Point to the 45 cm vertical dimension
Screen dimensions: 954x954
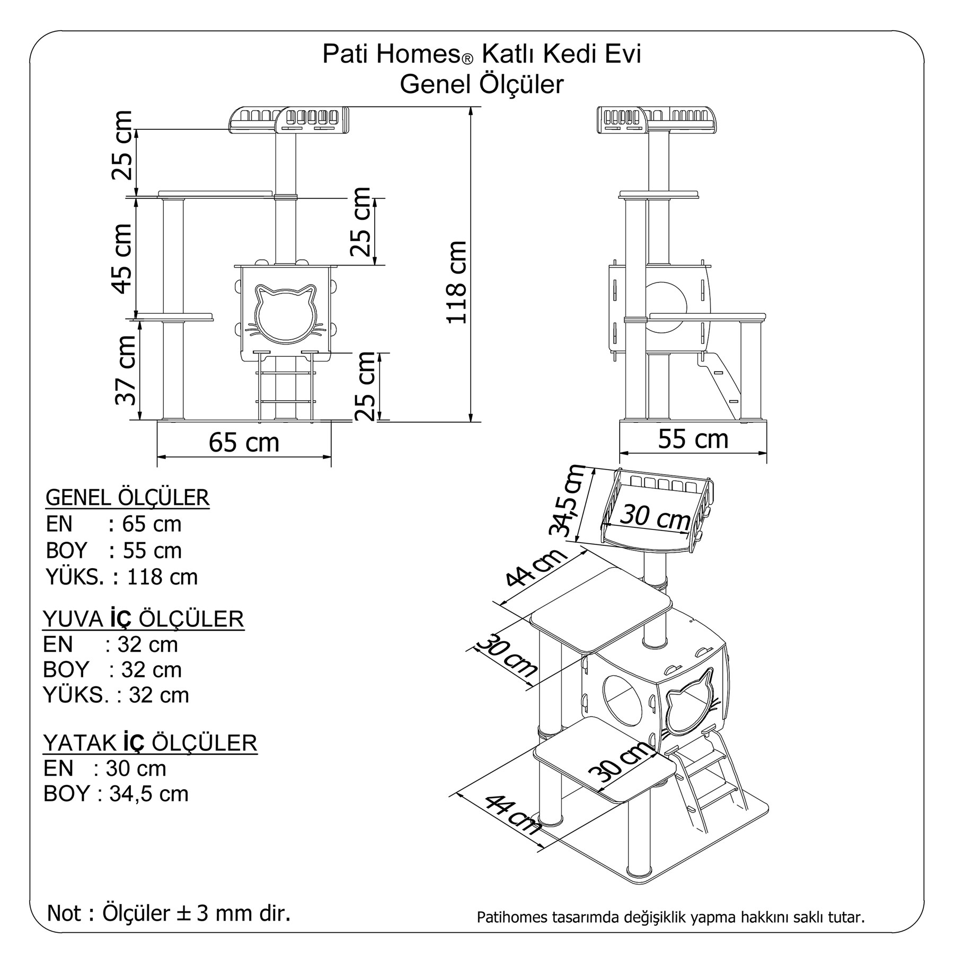click(x=122, y=258)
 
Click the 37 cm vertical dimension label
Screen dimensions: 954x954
click(x=126, y=370)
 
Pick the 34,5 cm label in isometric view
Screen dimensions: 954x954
click(x=567, y=501)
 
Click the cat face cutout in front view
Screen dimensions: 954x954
click(x=285, y=313)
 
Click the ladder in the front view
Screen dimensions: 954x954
click(x=286, y=387)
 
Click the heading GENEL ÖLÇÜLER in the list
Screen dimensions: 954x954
click(x=128, y=498)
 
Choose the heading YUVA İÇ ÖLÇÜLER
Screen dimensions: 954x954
click(x=143, y=619)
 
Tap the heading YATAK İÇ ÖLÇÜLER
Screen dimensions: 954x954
click(x=150, y=743)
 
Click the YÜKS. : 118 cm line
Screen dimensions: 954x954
click(x=122, y=577)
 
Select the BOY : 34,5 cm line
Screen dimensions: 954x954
click(x=116, y=793)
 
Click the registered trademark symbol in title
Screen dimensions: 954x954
click(x=466, y=60)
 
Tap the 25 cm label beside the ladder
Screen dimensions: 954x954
click(x=366, y=386)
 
